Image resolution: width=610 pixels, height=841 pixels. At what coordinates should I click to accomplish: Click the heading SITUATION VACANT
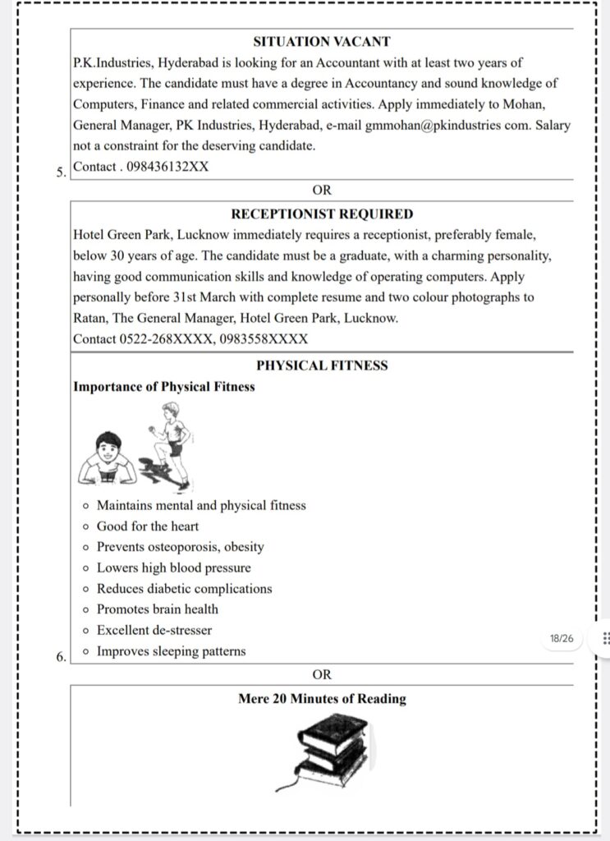322,41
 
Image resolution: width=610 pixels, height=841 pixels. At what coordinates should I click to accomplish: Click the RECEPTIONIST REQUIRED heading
322,214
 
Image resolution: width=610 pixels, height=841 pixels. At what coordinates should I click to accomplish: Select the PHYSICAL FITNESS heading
322,365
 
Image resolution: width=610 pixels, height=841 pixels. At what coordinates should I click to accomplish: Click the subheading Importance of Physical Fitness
163,386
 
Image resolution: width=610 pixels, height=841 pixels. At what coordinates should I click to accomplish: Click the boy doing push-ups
108,459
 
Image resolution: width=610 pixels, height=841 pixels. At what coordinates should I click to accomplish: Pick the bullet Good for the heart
148,526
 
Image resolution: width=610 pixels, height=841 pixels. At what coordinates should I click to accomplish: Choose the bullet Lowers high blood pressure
174,568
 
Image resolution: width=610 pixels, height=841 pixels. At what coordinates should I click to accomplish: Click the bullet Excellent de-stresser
154,630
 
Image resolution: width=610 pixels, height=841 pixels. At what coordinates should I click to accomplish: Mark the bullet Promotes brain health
158,609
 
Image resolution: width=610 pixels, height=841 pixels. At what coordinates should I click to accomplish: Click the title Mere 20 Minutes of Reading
322,699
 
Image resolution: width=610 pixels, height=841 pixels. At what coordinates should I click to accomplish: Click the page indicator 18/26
562,638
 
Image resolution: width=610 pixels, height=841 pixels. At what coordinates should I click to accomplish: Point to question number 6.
61,657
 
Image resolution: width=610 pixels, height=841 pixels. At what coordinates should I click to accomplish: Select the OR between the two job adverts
322,190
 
